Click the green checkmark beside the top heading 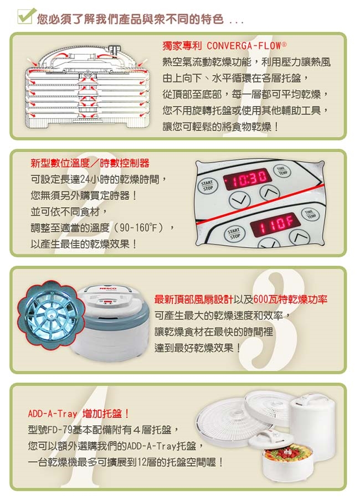25,16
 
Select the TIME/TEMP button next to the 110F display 310,214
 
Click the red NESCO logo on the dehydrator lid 107,289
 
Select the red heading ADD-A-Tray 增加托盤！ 78,414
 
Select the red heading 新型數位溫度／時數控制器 90,163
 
